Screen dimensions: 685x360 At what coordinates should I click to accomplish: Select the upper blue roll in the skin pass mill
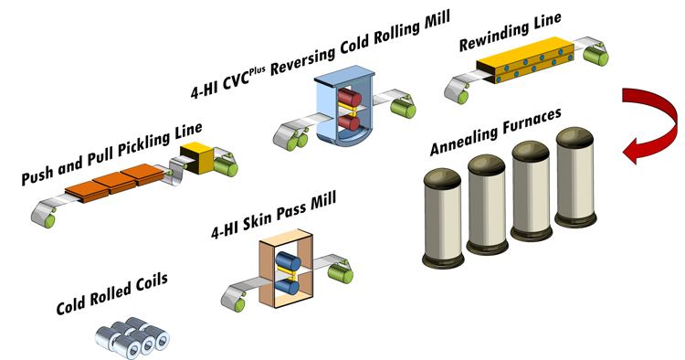coord(289,261)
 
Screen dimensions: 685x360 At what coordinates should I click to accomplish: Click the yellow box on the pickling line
coord(196,157)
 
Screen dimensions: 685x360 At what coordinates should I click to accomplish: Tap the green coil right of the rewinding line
coord(595,57)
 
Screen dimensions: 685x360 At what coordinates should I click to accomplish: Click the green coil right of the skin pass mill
coord(341,275)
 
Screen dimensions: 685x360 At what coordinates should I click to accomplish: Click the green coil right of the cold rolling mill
coord(403,109)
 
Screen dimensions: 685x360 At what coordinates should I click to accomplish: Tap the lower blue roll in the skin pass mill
coord(288,287)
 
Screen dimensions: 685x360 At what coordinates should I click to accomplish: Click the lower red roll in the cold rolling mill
coord(349,122)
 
